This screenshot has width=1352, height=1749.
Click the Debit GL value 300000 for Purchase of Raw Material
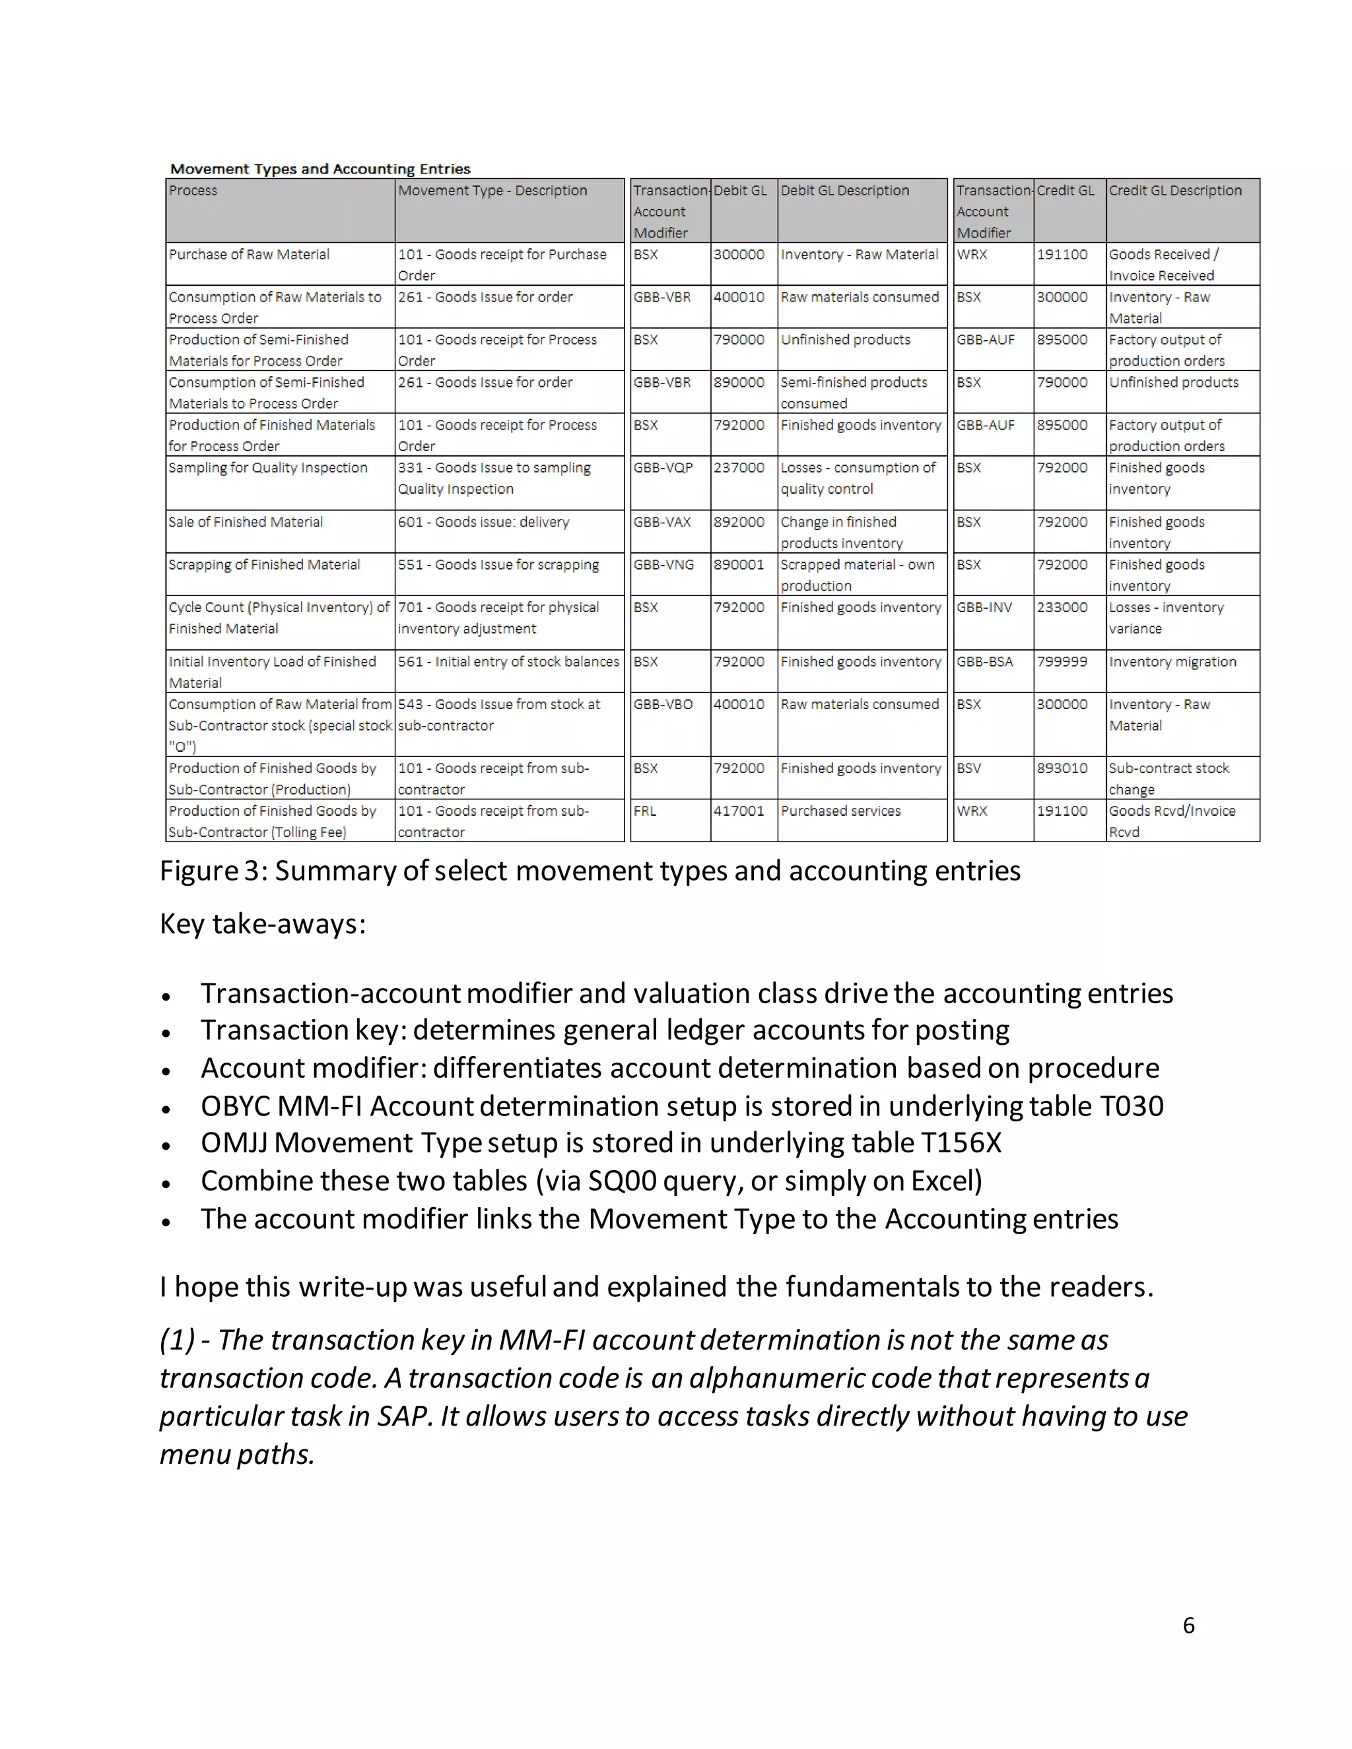739,255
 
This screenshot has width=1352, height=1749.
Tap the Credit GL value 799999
1062,661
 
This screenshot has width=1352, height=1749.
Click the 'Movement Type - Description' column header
492,191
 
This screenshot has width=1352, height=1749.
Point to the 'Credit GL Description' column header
1175,191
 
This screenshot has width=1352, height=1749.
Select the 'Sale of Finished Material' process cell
246,522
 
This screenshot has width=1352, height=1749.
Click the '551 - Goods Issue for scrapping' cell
498,564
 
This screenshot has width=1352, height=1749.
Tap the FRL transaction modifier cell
645,811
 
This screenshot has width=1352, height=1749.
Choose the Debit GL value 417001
739,811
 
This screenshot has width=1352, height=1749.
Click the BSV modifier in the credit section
969,769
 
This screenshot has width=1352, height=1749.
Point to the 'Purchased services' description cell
840,811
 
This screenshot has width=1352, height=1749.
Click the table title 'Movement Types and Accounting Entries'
320,169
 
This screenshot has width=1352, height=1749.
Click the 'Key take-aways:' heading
263,924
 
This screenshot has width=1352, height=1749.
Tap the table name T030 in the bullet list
1132,1106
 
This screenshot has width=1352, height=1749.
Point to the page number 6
1188,1625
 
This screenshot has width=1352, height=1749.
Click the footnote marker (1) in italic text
176,1340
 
